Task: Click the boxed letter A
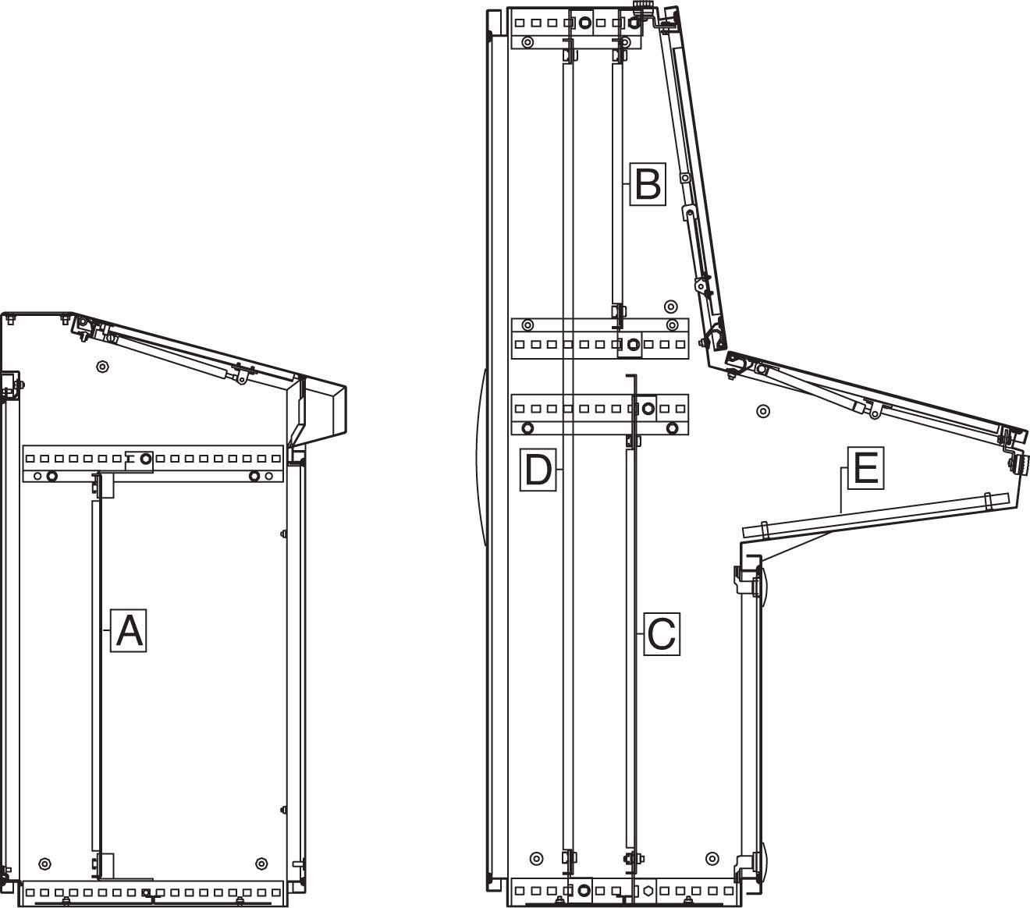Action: pyautogui.click(x=129, y=630)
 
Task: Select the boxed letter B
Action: pyautogui.click(x=648, y=184)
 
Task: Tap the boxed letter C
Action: pyautogui.click(x=662, y=634)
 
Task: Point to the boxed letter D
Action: pyautogui.click(x=538, y=470)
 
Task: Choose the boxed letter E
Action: pyautogui.click(x=866, y=468)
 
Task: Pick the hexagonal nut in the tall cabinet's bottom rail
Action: pyautogui.click(x=648, y=891)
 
